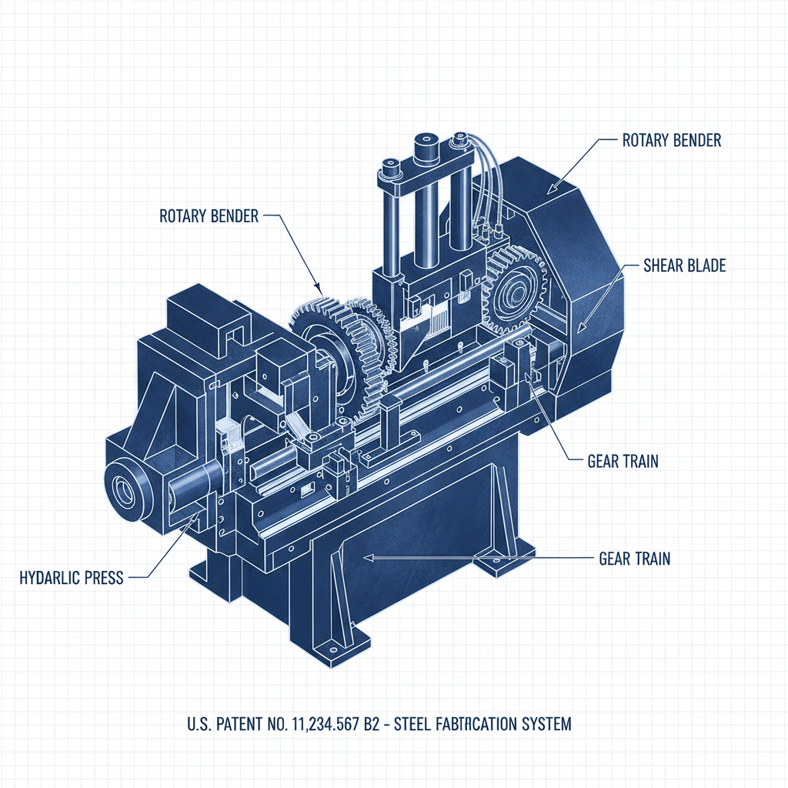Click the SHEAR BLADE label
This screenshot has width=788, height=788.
(x=684, y=266)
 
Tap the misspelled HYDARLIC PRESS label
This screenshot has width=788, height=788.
(x=71, y=577)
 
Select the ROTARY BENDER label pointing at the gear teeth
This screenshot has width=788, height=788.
(x=209, y=215)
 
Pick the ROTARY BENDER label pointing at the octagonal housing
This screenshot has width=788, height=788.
(x=671, y=141)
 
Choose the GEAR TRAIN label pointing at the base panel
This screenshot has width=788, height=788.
(x=634, y=559)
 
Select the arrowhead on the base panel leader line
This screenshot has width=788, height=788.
(x=368, y=556)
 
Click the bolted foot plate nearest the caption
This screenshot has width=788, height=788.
(x=337, y=645)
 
